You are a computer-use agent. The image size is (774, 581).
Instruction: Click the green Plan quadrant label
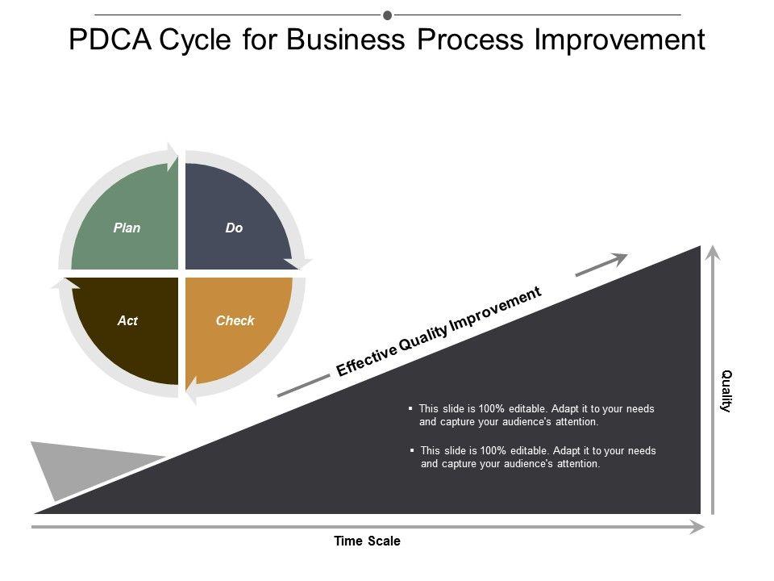[127, 228]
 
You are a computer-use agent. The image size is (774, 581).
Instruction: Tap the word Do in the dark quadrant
[234, 228]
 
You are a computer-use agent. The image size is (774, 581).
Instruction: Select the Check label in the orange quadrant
[235, 320]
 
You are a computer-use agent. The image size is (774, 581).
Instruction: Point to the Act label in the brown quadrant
[127, 320]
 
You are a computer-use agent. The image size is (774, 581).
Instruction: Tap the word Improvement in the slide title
[619, 40]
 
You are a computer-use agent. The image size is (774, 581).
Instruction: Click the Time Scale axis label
[367, 541]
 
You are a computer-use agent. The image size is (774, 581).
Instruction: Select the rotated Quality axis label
[726, 391]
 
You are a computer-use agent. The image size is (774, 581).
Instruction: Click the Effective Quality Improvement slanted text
[439, 332]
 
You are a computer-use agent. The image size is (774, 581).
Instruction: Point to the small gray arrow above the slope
[601, 265]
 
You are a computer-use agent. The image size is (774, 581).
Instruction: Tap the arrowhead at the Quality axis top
[711, 251]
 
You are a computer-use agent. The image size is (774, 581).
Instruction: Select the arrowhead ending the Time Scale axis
[698, 527]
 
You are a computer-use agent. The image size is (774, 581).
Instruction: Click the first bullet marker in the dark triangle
[411, 409]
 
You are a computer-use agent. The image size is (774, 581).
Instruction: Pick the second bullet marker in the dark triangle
[413, 450]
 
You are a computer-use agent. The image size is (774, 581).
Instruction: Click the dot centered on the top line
[387, 15]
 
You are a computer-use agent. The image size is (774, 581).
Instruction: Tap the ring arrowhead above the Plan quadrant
[171, 155]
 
